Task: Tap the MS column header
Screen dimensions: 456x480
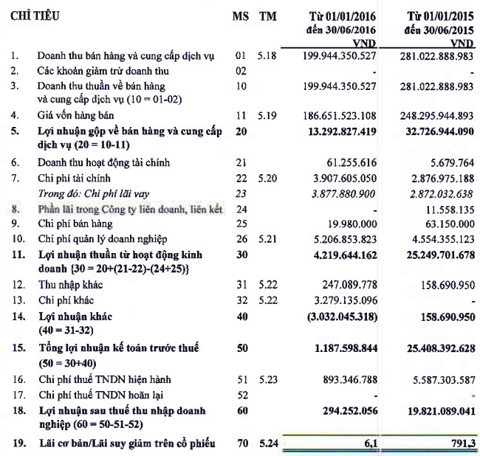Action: [x=239, y=15]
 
